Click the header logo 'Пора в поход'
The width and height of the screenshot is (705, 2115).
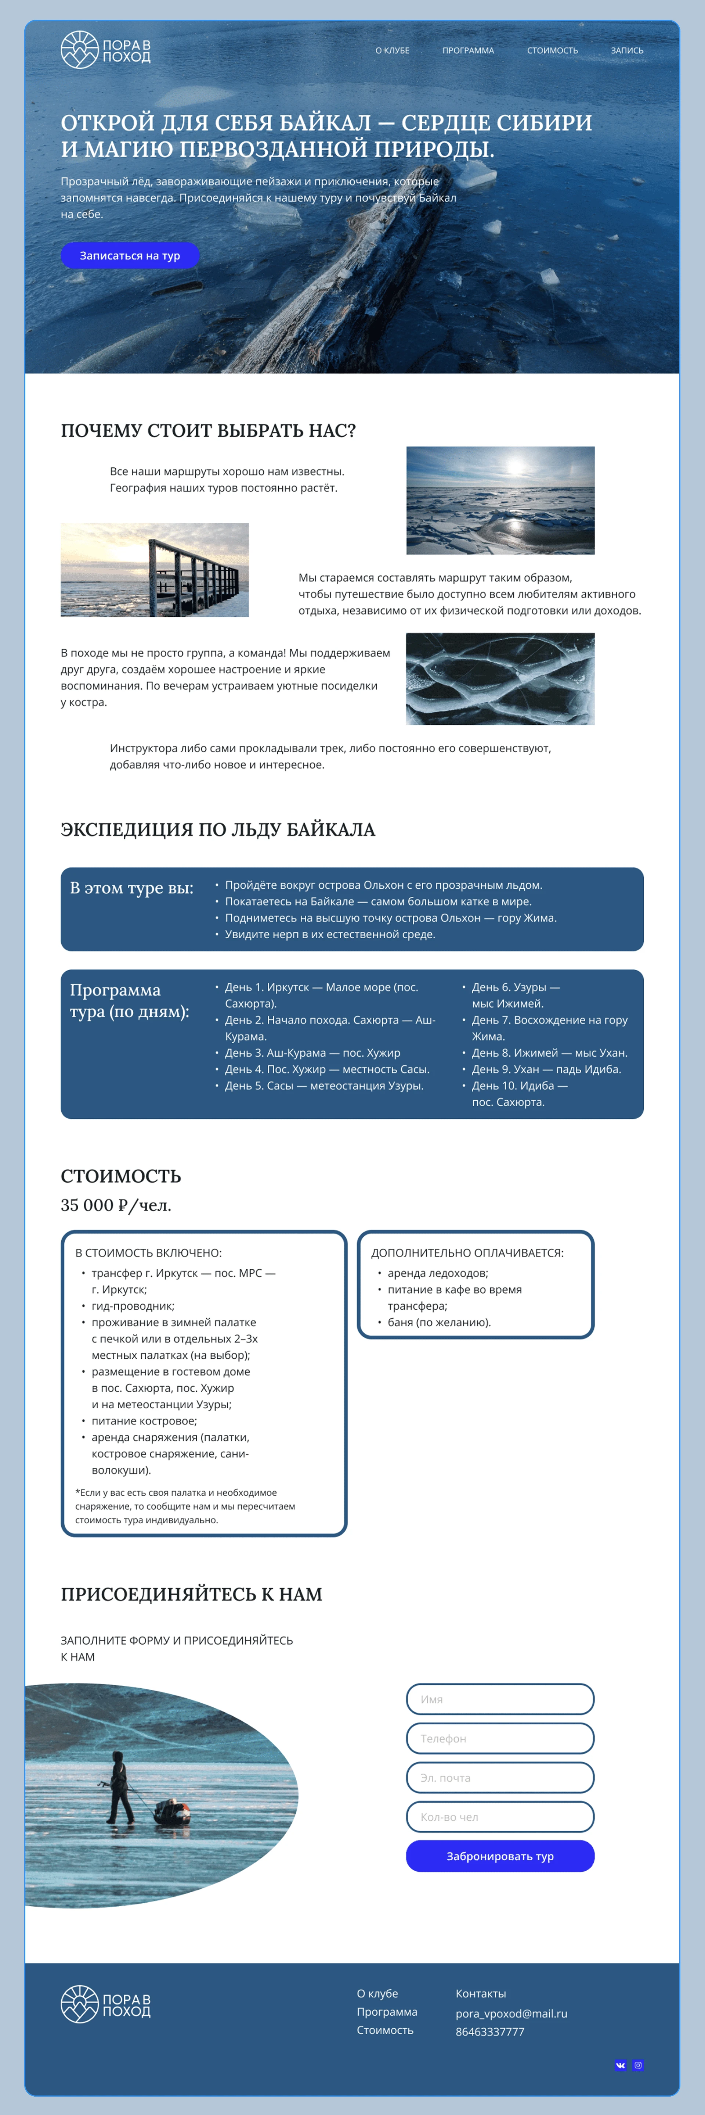(105, 50)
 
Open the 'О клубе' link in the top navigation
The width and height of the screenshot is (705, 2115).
(392, 51)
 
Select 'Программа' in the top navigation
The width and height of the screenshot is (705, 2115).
(468, 51)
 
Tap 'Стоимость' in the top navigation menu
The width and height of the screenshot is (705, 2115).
(552, 51)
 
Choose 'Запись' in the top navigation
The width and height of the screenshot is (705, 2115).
(627, 51)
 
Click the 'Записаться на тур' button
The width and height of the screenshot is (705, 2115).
(130, 255)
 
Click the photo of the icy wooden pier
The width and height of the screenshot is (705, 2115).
(154, 570)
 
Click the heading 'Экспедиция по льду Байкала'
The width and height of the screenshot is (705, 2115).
(217, 829)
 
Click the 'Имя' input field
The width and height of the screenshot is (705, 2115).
(500, 1699)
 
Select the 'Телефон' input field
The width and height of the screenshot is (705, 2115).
(500, 1738)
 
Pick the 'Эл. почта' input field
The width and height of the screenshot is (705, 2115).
(500, 1778)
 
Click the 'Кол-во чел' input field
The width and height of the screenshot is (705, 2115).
(500, 1817)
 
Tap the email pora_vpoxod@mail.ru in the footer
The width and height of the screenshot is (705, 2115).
(511, 2013)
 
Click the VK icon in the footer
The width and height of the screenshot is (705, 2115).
(621, 2065)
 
